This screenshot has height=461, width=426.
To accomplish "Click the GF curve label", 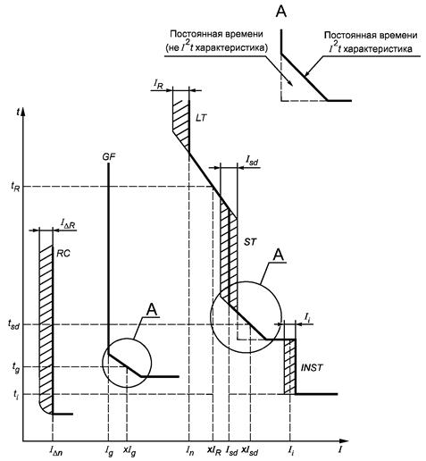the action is click(109, 156).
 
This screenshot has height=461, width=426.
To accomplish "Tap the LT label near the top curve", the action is click(201, 118).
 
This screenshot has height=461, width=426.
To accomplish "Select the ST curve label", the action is click(250, 242).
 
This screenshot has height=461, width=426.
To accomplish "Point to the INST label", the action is click(312, 367).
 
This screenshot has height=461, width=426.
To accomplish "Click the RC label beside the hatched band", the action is click(63, 253).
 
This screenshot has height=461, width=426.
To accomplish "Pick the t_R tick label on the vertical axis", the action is click(15, 187).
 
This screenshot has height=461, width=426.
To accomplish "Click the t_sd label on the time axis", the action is click(13, 324).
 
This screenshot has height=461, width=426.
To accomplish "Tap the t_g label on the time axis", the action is click(15, 367).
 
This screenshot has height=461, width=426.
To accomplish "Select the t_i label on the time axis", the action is click(16, 394).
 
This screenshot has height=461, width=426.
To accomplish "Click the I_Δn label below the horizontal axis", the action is click(56, 451).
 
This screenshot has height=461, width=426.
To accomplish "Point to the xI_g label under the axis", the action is click(129, 451).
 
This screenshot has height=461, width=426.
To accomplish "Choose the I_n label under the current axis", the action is click(189, 451).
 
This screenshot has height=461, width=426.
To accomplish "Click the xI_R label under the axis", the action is click(214, 451).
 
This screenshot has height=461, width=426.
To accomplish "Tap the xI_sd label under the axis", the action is click(250, 451).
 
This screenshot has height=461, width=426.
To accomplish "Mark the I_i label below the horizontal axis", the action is click(291, 451).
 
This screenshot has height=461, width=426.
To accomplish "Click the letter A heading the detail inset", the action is click(281, 12).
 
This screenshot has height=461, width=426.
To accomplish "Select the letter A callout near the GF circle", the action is click(152, 310).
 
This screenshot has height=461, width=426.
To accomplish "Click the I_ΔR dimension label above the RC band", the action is click(68, 223).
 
